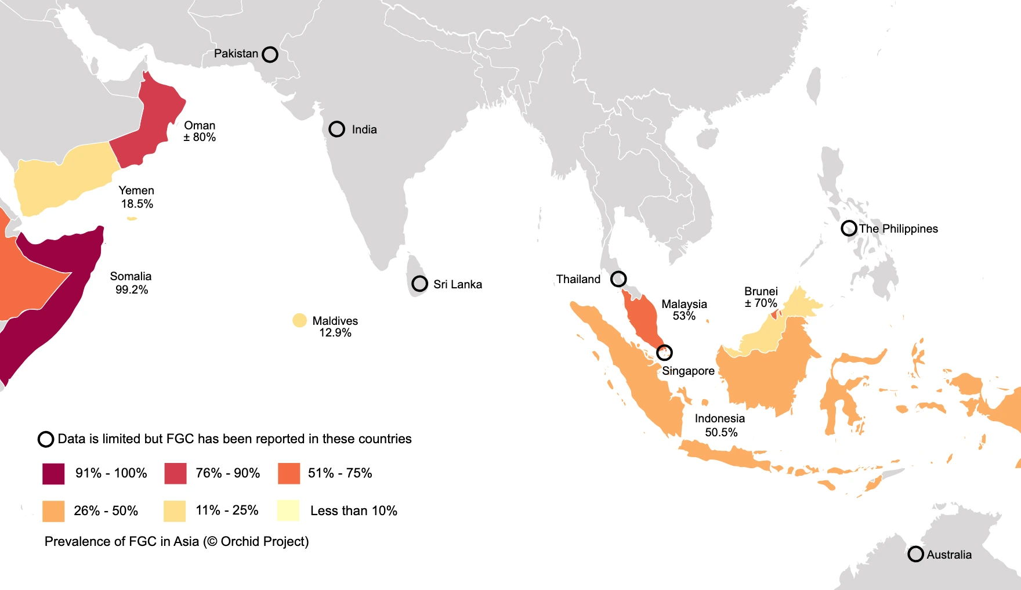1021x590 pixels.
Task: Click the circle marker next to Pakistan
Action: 270,55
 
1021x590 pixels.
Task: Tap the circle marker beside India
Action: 336,129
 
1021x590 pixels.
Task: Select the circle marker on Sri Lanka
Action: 419,284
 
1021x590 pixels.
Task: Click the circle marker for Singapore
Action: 664,352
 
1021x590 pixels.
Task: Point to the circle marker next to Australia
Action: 915,554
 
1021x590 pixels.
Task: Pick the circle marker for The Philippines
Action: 849,228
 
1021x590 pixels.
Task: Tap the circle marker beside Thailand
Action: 618,279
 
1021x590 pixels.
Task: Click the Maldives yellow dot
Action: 299,320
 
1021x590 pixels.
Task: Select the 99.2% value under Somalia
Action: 132,289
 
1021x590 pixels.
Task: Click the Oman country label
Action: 200,125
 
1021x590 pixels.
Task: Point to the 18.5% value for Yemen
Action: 137,204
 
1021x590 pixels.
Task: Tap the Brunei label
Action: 761,291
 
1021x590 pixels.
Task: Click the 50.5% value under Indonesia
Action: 721,432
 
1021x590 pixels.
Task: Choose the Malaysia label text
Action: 684,304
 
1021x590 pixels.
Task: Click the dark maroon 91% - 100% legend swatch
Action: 53,473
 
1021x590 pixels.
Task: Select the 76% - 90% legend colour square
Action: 175,473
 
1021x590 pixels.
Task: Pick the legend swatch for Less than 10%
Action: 288,511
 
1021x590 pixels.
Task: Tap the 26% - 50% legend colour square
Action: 53,511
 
